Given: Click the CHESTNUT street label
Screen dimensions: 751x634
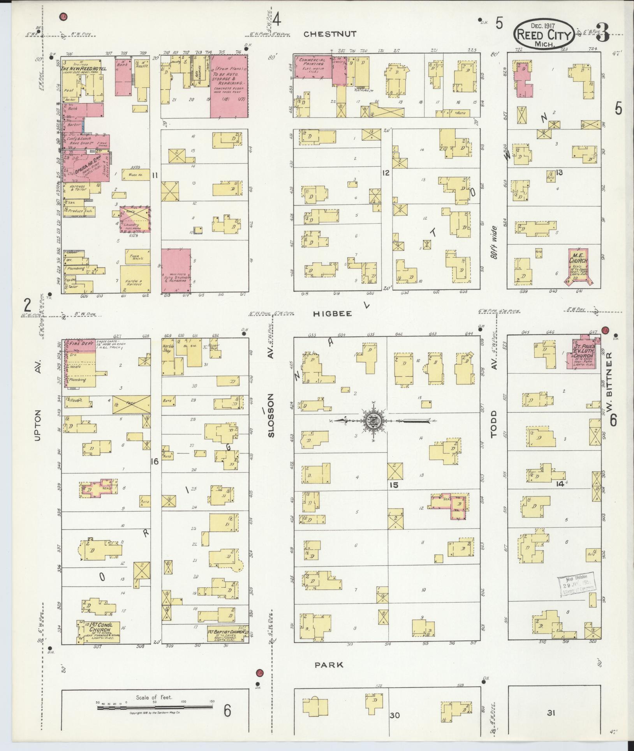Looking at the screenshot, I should [x=330, y=34].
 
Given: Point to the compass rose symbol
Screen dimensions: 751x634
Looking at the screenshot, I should [x=373, y=421].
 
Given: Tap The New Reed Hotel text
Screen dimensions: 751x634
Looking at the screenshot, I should [x=84, y=69].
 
